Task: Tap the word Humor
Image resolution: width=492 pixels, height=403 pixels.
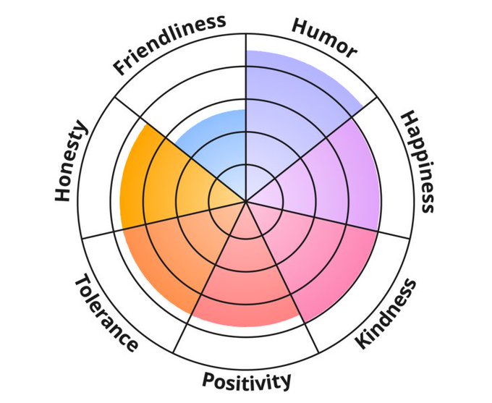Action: point(324,37)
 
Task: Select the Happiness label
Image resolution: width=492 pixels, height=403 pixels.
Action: point(417,161)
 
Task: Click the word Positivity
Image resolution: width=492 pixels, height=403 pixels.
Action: point(246,380)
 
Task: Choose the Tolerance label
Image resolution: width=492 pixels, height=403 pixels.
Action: point(106,312)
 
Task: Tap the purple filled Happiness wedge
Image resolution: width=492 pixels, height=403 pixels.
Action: point(333,174)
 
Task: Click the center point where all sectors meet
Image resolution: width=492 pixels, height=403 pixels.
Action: point(246,201)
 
